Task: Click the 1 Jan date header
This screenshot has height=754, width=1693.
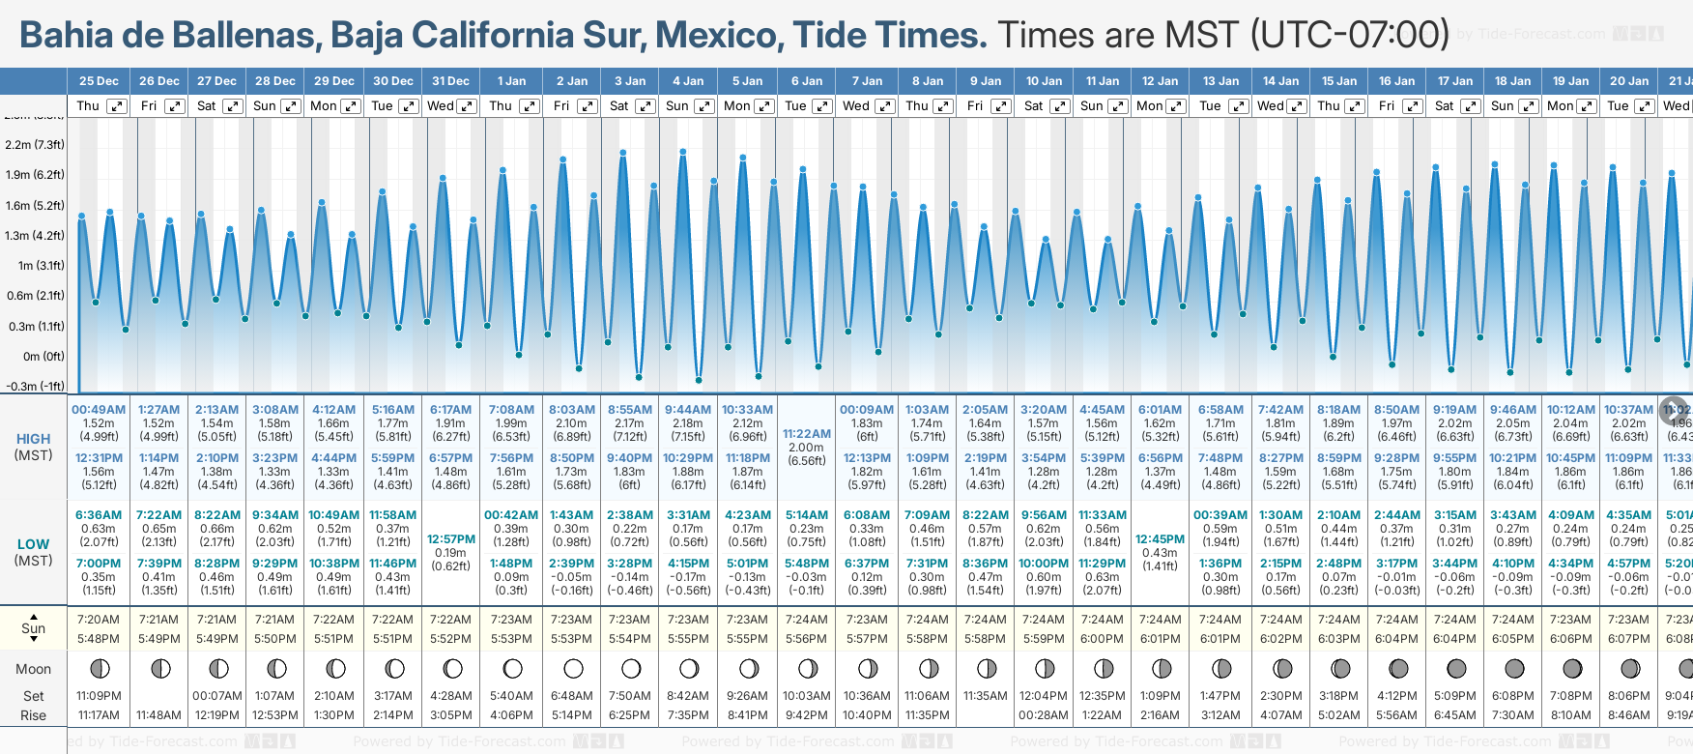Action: tap(511, 81)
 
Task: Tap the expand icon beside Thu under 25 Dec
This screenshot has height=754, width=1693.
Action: tap(116, 106)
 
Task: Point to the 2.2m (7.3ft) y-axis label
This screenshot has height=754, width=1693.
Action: tap(35, 145)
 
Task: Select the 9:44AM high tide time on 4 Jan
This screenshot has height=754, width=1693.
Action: tap(687, 410)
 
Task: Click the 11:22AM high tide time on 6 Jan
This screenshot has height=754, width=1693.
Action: tap(806, 434)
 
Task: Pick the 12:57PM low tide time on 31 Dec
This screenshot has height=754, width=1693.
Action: tap(451, 539)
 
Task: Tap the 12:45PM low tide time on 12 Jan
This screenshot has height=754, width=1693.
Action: tap(1160, 539)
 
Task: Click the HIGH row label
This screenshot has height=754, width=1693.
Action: tap(34, 439)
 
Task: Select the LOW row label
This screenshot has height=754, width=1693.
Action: tap(34, 544)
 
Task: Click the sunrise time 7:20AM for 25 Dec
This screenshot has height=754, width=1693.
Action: tap(99, 620)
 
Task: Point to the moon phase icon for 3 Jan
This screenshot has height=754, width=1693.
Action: tap(631, 668)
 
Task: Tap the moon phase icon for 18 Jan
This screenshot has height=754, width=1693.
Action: tap(1514, 668)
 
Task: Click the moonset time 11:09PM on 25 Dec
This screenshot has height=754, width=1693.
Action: tap(99, 696)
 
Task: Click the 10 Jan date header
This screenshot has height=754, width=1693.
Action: tap(1044, 81)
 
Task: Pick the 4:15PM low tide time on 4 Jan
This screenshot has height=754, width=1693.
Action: tap(688, 564)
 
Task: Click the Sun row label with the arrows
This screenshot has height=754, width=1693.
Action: tap(34, 628)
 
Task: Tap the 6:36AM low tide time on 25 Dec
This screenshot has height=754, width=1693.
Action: tap(99, 515)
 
